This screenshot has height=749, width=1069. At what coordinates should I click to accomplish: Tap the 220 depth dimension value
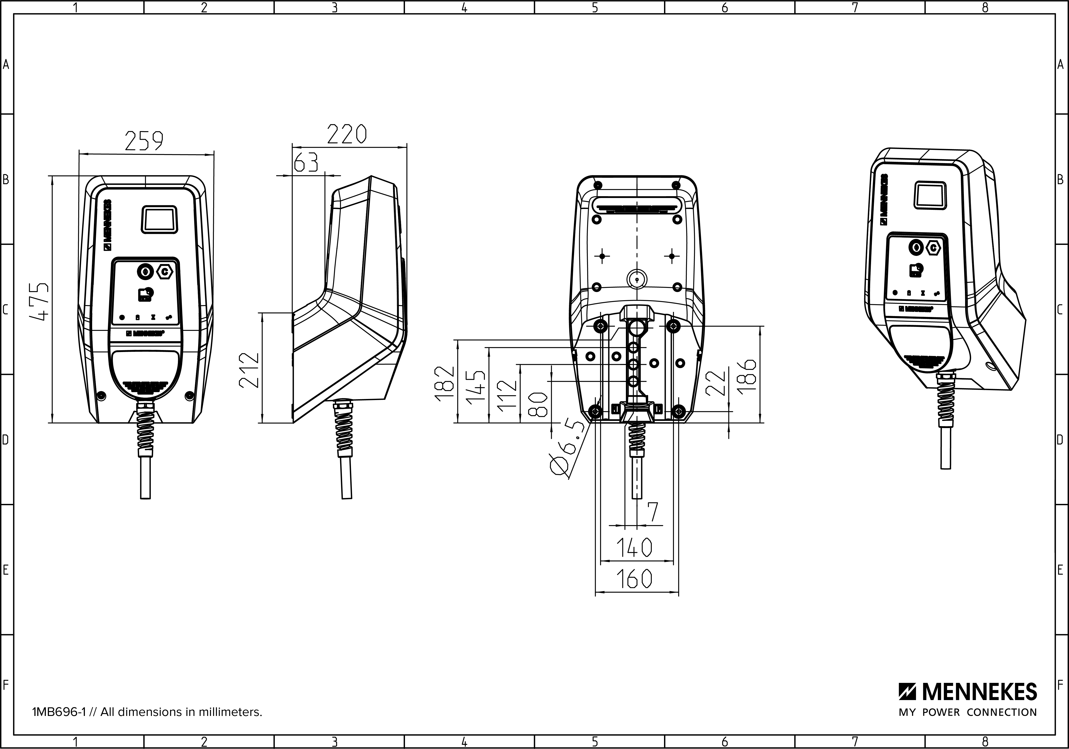tap(347, 134)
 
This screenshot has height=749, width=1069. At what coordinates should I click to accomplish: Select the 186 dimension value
tap(747, 377)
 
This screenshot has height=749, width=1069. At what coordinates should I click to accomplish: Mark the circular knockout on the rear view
tap(636, 279)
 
